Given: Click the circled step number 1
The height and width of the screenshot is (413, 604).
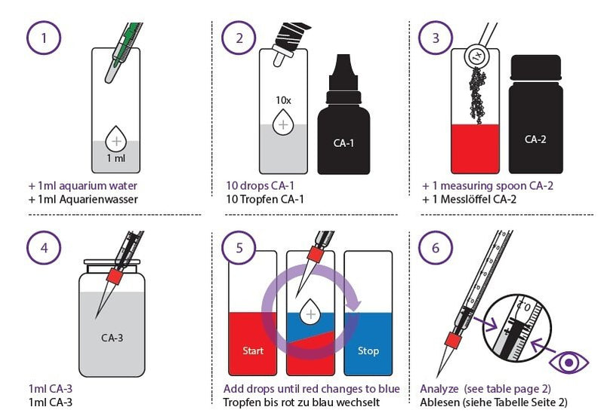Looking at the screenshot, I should pyautogui.click(x=45, y=38).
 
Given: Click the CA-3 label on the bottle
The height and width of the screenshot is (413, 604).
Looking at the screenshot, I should pyautogui.click(x=112, y=338).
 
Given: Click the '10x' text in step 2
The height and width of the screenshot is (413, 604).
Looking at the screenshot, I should pyautogui.click(x=282, y=99).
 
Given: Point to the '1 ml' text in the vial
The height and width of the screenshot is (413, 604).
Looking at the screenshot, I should pyautogui.click(x=116, y=158).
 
